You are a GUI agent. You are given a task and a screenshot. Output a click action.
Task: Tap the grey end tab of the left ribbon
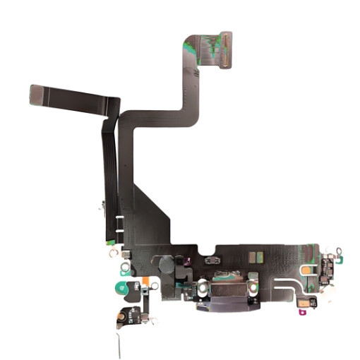[39, 95]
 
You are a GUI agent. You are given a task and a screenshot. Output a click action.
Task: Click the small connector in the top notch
[211, 261]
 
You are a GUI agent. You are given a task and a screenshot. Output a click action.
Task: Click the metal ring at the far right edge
[340, 251]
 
